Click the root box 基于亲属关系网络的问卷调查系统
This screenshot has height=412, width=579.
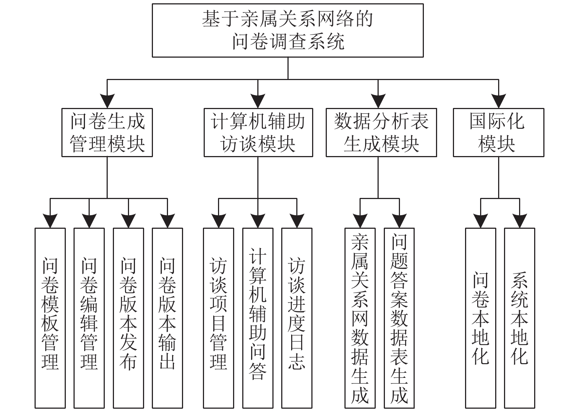click(x=288, y=30)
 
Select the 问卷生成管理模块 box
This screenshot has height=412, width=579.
click(x=107, y=133)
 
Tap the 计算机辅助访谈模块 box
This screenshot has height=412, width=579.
click(x=258, y=133)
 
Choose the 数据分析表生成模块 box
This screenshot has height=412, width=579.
click(x=381, y=133)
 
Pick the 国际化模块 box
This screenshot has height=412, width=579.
click(x=498, y=133)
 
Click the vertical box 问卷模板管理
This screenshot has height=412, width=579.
click(x=50, y=318)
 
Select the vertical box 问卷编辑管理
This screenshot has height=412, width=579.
click(x=89, y=318)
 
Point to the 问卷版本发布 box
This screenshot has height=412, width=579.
click(x=128, y=318)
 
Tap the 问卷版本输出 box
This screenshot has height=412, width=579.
click(x=168, y=318)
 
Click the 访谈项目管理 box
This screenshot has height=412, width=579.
click(x=219, y=318)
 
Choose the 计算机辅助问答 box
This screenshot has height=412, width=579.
click(x=258, y=318)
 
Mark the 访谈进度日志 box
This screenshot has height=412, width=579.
click(x=297, y=318)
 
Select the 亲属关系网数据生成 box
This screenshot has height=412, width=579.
click(x=360, y=318)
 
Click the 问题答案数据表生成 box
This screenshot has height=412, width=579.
click(x=399, y=318)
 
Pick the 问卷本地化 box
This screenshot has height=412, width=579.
click(x=480, y=318)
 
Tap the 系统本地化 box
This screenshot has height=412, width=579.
click(x=519, y=318)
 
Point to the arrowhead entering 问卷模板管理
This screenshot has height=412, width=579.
click(x=50, y=221)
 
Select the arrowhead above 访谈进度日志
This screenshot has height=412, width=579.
click(x=297, y=221)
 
